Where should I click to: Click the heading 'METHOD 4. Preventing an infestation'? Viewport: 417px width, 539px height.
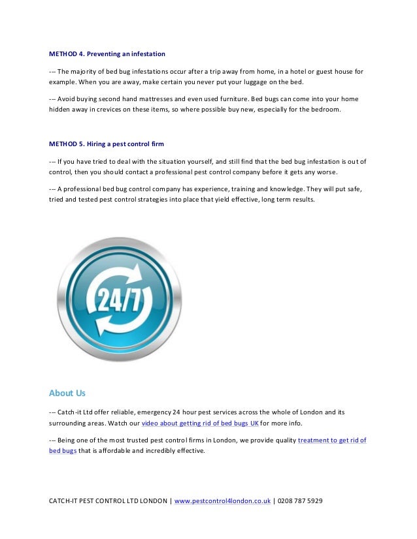pos(107,53)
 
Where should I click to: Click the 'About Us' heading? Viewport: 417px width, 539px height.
pos(67,393)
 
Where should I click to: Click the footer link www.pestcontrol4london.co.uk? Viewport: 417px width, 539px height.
pos(222,501)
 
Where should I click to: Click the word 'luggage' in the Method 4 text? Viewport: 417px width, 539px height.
pos(249,84)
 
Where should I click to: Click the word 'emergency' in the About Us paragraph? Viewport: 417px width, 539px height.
pos(149,412)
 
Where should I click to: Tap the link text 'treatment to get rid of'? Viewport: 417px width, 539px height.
pos(332,440)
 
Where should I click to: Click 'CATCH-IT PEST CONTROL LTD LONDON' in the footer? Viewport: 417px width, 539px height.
pos(108,501)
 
